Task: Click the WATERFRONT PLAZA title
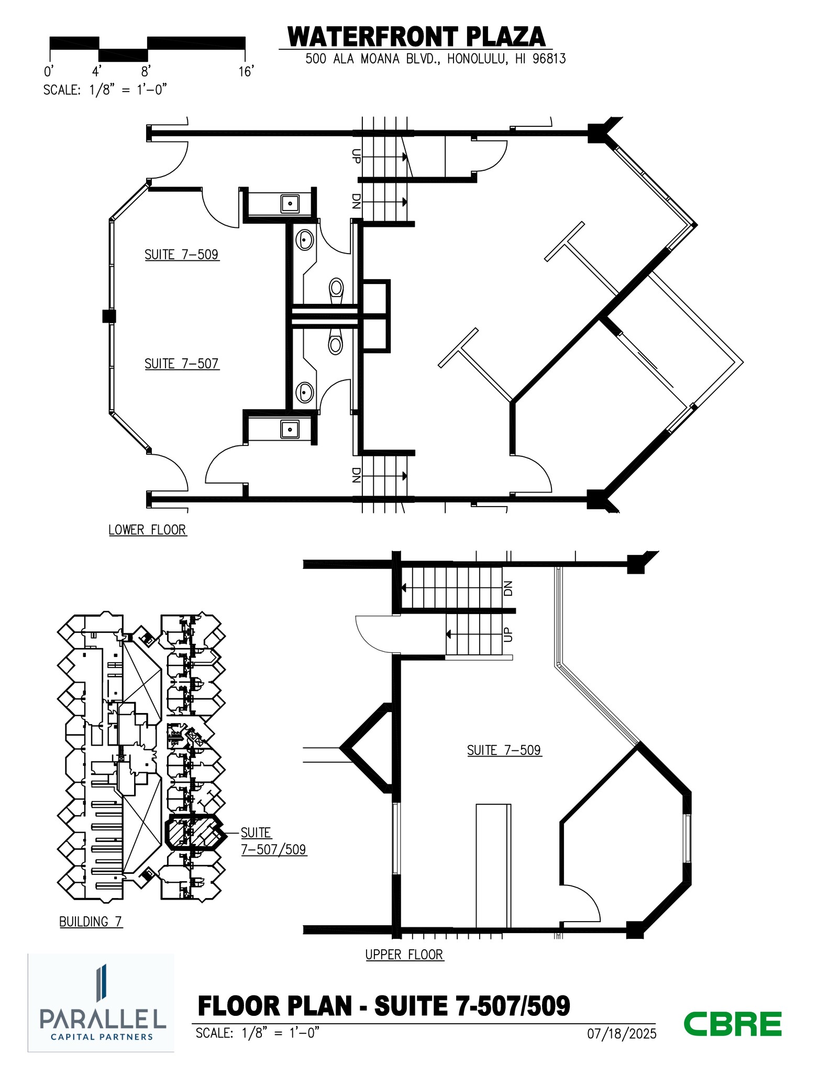click(x=416, y=37)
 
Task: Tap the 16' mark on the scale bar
click(x=246, y=71)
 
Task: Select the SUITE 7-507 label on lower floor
click(x=181, y=364)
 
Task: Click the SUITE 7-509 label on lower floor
click(x=181, y=255)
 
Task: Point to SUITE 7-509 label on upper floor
click(x=504, y=750)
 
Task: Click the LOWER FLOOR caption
click(x=147, y=530)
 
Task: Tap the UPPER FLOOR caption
click(x=404, y=955)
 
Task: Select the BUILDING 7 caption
click(x=91, y=922)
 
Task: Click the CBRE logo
click(x=733, y=1024)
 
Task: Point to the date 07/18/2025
click(x=622, y=1034)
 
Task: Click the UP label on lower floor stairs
click(x=356, y=156)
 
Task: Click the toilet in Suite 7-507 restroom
click(x=335, y=343)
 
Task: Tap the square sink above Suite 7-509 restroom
click(x=290, y=203)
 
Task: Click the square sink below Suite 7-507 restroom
click(x=290, y=429)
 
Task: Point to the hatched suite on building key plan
click(x=194, y=832)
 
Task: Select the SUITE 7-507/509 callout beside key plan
click(x=273, y=841)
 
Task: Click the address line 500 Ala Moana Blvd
click(x=435, y=59)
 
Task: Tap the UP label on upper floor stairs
click(x=507, y=635)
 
